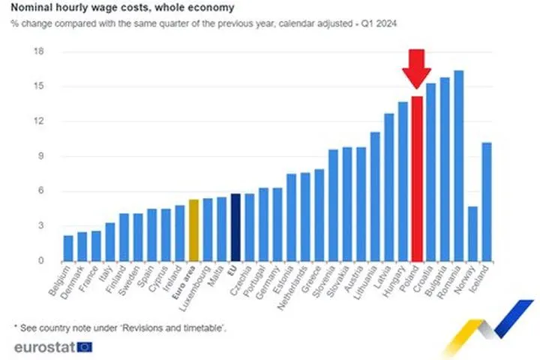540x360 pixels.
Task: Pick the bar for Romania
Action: click(459, 166)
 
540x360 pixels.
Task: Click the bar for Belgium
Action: click(68, 248)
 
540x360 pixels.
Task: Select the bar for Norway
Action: click(472, 233)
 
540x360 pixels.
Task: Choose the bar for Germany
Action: click(277, 224)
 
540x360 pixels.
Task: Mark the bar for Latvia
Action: click(389, 187)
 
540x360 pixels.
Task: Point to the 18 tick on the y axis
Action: click(40, 52)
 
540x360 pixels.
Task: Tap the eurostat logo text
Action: click(43, 347)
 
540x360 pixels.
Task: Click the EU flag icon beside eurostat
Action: click(85, 346)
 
